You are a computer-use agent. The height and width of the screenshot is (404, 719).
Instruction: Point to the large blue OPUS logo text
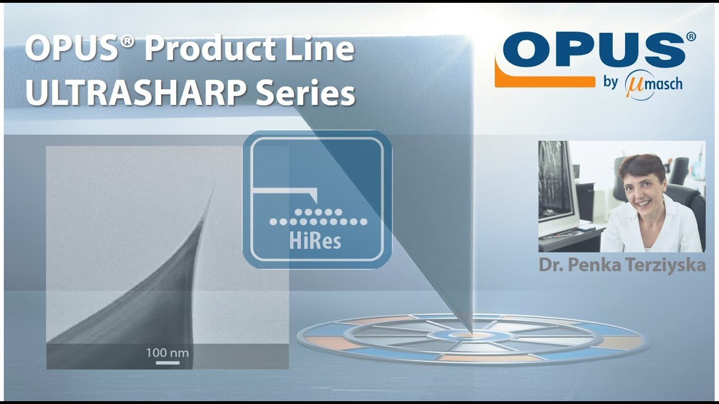click(590, 50)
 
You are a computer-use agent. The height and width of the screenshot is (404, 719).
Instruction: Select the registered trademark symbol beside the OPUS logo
click(690, 37)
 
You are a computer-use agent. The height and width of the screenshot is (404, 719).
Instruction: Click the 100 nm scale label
click(167, 353)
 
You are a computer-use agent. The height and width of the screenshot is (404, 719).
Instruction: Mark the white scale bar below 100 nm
click(167, 362)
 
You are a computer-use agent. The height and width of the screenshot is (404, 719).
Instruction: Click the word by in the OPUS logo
click(611, 83)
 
